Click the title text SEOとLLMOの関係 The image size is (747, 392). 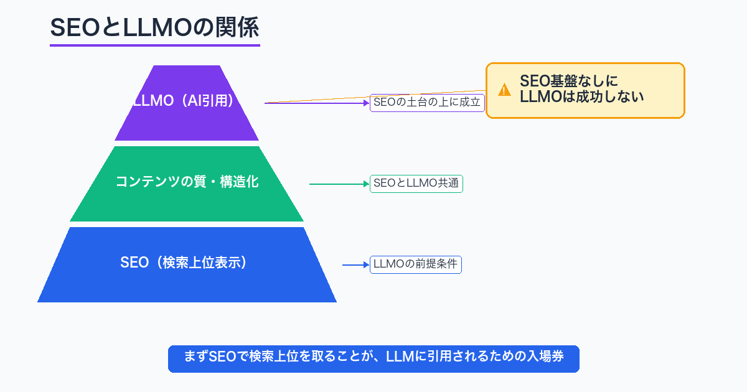click(154, 28)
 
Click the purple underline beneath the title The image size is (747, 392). click(154, 45)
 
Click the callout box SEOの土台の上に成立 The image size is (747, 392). click(427, 103)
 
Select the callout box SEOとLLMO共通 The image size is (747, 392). click(416, 184)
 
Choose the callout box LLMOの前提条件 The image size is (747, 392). click(415, 264)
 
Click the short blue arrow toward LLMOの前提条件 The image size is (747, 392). click(355, 265)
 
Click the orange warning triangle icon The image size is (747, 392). click(504, 90)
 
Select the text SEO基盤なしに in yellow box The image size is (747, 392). click(569, 81)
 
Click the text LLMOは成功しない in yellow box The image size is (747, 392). click(581, 97)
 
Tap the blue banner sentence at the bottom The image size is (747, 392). click(374, 358)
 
